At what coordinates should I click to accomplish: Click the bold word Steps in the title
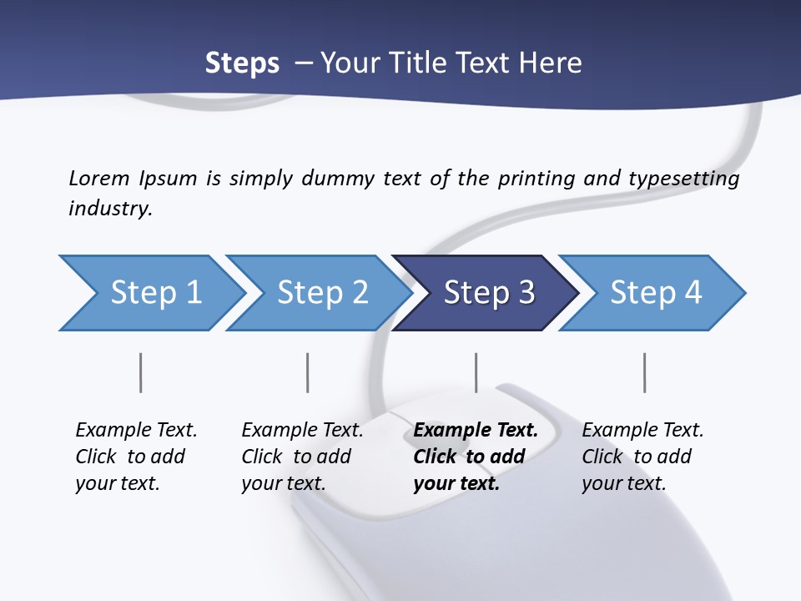pos(242,63)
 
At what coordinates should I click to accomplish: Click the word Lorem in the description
pos(98,178)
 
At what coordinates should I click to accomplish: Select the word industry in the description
pos(110,209)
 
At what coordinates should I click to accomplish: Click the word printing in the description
pos(533,178)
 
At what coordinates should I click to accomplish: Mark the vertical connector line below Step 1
pos(140,372)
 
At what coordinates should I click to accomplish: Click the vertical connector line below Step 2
pos(308,372)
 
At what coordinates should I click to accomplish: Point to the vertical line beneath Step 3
pos(476,372)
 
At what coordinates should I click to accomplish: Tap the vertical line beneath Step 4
pos(644,372)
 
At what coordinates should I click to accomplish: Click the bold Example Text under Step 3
pos(476,431)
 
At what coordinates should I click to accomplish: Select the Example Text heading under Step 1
pos(136,431)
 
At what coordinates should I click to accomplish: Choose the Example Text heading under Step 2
pos(302,431)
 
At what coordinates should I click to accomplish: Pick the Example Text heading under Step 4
pos(642,431)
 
